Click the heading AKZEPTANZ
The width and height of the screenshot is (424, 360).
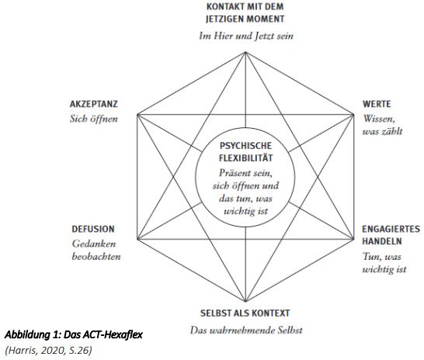tap(93, 104)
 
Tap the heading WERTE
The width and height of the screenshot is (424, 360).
tap(377, 104)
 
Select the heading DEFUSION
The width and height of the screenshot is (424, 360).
tap(93, 229)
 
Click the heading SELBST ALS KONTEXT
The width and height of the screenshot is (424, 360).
tap(245, 313)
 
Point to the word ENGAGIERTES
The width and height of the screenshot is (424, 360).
tap(391, 229)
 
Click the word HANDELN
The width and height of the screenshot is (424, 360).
tap(382, 241)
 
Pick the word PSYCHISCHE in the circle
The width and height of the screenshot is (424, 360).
tap(245, 146)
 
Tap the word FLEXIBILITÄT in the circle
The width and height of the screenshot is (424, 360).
tap(245, 157)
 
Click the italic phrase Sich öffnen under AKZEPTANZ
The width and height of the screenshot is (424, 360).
tap(94, 119)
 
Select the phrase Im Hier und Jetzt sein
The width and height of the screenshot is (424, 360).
tap(246, 36)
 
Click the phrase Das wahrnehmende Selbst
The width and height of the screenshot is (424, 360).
tap(246, 330)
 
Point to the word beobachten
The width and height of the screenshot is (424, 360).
tap(96, 256)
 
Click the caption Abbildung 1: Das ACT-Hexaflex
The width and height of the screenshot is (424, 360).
tap(74, 335)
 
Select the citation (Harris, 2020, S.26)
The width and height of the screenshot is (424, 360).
tap(48, 350)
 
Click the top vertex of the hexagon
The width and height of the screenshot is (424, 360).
tap(245, 52)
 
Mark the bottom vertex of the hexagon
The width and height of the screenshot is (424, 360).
tap(245, 301)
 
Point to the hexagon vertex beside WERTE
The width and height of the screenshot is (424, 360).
tap(353, 115)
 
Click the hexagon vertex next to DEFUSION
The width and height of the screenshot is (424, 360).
tap(137, 239)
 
